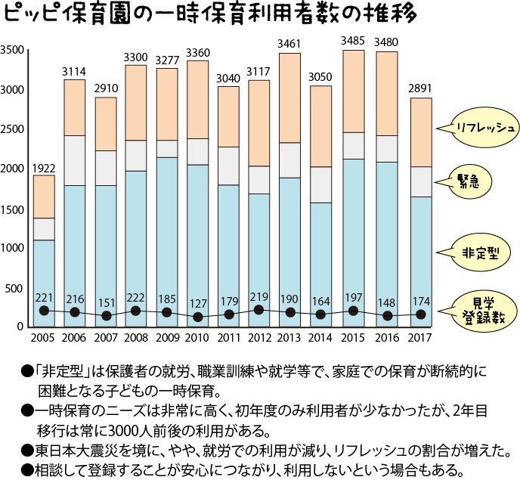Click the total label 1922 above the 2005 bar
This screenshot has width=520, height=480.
pos(44,167)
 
